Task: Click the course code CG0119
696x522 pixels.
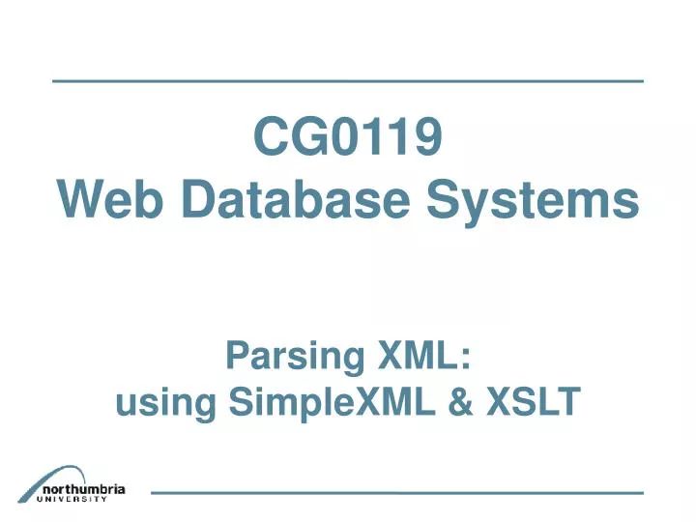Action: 348,139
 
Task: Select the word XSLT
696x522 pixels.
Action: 536,400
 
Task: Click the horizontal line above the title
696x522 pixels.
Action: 348,80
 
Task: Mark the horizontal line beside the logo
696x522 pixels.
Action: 396,493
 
